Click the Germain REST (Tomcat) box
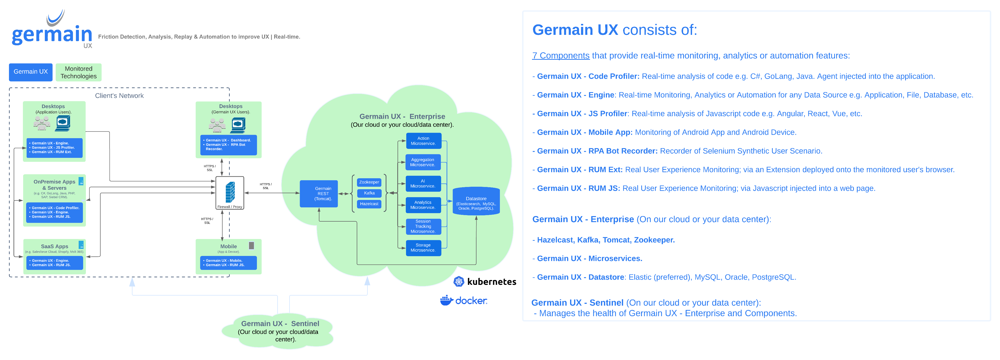pos(319,193)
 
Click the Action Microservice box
pos(423,141)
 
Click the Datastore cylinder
pos(476,201)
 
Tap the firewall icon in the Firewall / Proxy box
pos(230,192)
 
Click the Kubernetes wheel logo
pos(459,282)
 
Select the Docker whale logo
pos(446,300)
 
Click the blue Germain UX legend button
pos(31,72)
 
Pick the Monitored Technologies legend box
pos(78,72)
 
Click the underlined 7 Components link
pos(561,56)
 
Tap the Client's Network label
pos(119,96)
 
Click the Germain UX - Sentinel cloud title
pos(280,323)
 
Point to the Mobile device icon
pos(251,245)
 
